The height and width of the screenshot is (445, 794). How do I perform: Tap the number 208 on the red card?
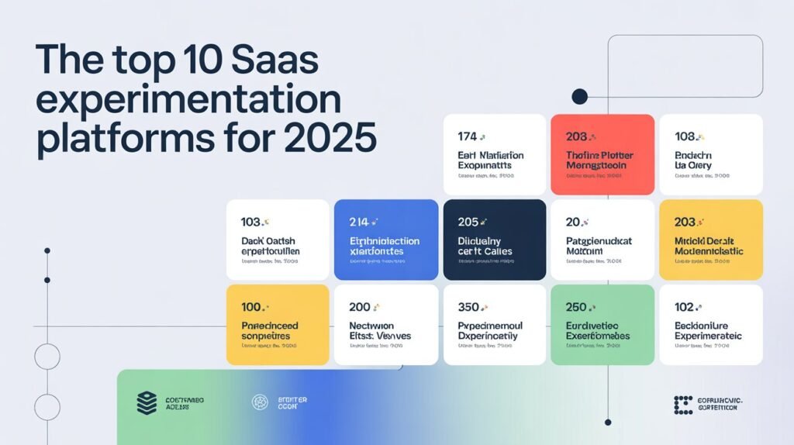coord(576,136)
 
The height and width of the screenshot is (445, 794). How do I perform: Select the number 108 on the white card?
coord(684,136)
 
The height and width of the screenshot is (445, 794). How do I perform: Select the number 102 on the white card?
coord(684,307)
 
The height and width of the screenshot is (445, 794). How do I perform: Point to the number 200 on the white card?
coord(360,307)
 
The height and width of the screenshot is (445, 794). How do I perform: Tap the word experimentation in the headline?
coord(188,101)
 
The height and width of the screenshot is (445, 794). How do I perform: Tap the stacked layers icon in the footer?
coord(147,402)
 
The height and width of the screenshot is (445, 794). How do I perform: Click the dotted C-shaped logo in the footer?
coord(683,404)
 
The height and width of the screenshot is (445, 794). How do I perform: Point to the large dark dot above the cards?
coord(579,96)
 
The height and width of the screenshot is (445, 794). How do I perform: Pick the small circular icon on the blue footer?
coord(260,402)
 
